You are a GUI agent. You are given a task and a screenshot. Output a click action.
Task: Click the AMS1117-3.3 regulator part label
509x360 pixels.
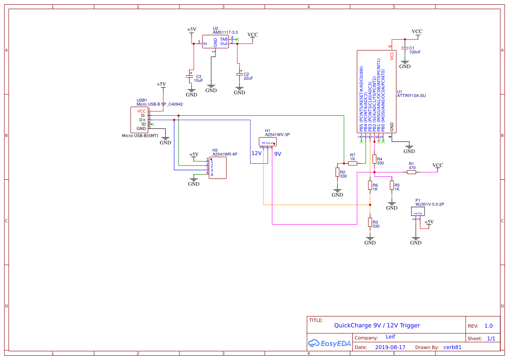point(226,33)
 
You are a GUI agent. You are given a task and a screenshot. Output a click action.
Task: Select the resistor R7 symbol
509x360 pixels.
point(353,163)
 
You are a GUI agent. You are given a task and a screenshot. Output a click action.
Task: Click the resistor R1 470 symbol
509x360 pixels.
point(411,172)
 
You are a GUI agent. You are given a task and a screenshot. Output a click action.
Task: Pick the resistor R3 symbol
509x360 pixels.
point(370,222)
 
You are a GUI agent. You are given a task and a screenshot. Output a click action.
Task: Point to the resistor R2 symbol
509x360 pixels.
point(337,172)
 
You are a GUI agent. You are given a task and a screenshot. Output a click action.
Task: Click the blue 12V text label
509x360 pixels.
point(256,154)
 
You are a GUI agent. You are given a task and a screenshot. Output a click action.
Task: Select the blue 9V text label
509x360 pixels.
point(278,154)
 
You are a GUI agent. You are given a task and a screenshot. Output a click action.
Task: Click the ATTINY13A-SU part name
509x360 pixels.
point(411,96)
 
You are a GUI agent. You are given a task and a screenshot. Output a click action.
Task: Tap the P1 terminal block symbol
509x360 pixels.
point(418,212)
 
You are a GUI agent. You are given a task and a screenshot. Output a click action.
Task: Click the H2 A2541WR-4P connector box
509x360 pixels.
point(218,168)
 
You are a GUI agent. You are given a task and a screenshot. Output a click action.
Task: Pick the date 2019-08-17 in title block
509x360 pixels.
point(390,347)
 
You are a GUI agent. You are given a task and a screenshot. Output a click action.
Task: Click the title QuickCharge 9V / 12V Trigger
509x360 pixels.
point(377,325)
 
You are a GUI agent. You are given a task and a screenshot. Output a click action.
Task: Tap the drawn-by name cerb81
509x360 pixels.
point(452,347)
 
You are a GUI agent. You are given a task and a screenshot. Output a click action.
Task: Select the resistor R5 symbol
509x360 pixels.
point(392,186)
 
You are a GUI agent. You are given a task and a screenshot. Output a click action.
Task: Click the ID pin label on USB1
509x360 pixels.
point(144,124)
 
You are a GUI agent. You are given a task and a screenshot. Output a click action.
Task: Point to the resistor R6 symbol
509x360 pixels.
point(370,186)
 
